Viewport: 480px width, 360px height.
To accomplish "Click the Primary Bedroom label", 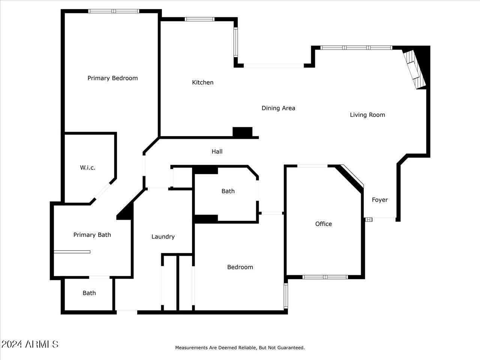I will pos(112,78).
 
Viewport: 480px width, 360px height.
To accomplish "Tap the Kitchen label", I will pos(202,82).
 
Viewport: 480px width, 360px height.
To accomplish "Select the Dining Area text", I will pos(278,108).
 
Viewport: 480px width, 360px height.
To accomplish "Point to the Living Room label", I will pos(367,115).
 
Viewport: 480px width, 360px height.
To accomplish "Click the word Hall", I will pos(217,151).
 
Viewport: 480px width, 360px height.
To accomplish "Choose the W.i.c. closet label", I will pos(87,168).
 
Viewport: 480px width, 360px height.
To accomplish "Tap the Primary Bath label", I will pos(92,235).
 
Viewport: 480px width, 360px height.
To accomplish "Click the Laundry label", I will pos(163,237).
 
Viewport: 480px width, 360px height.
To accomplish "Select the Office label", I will pos(323,224).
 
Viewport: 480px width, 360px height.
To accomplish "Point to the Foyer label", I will pos(379,200).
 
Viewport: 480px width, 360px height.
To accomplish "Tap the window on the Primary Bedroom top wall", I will pos(114,11).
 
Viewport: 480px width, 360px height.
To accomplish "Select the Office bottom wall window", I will pos(325,277).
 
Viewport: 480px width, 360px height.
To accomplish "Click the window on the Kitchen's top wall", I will pos(199,19).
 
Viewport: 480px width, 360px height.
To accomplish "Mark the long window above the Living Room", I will pos(356,48).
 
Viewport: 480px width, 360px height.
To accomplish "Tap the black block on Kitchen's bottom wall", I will pos(242,132).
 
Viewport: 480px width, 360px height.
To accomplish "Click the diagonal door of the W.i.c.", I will pos(102,192).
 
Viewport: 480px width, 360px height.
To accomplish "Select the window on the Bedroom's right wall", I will pos(285,295).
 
